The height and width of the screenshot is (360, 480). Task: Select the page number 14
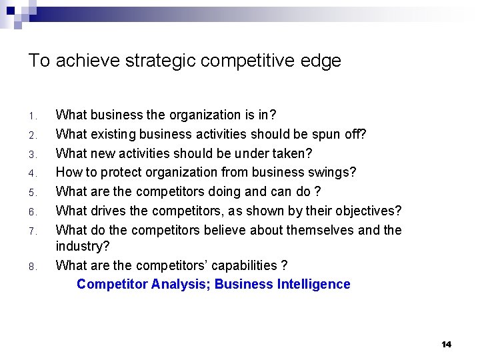click(446, 344)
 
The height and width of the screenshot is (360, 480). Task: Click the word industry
click(80, 247)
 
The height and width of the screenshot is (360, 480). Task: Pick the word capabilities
click(245, 265)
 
